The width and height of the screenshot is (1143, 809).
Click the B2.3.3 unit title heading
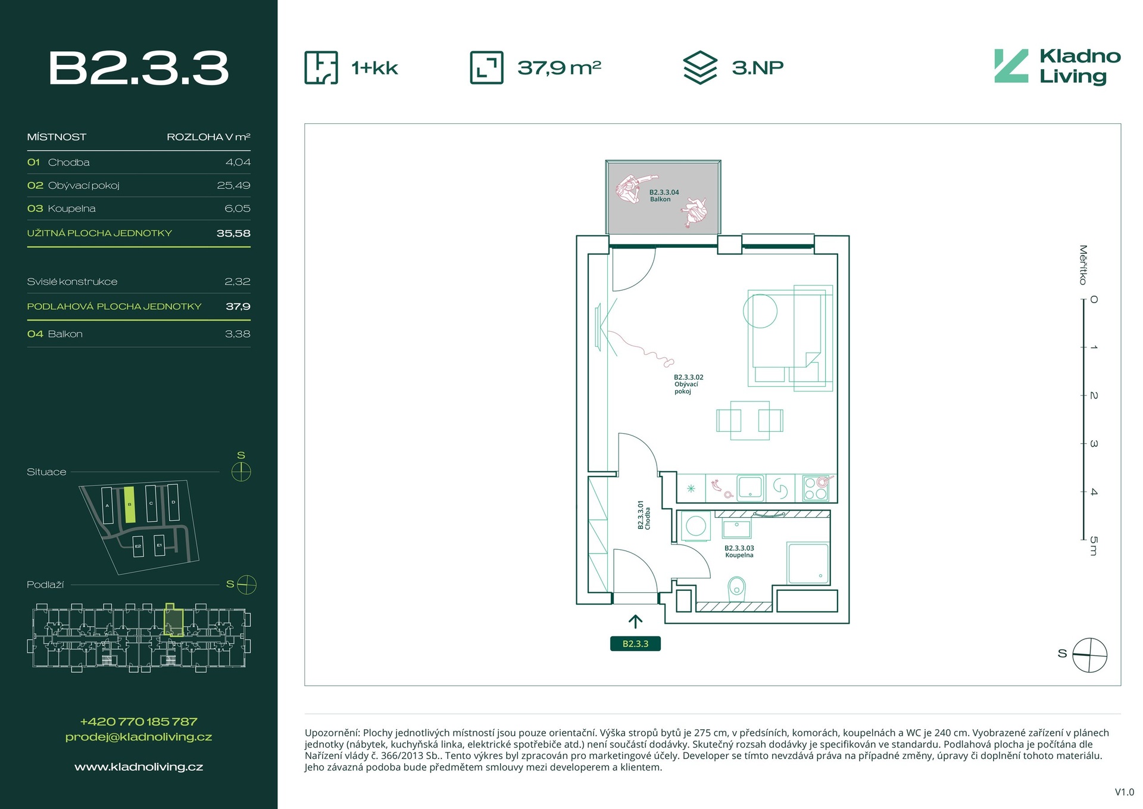click(138, 68)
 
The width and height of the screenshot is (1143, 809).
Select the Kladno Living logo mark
click(1011, 66)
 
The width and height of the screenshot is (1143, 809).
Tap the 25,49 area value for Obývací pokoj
click(233, 185)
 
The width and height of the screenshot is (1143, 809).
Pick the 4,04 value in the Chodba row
click(238, 162)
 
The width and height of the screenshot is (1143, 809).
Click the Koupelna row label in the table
click(71, 209)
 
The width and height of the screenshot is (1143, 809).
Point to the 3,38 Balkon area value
click(238, 334)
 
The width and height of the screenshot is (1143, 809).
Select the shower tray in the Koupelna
click(808, 563)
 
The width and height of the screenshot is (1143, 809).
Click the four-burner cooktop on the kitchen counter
click(816, 488)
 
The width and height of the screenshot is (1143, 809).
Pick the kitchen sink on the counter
click(751, 487)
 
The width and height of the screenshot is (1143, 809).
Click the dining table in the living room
click(749, 421)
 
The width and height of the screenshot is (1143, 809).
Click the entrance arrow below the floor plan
click(635, 622)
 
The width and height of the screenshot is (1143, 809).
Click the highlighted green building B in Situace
click(130, 505)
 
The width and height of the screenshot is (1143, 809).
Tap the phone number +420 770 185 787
click(139, 721)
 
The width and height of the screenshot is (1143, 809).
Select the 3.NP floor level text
click(757, 67)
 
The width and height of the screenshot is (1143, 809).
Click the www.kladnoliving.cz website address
click(139, 767)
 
